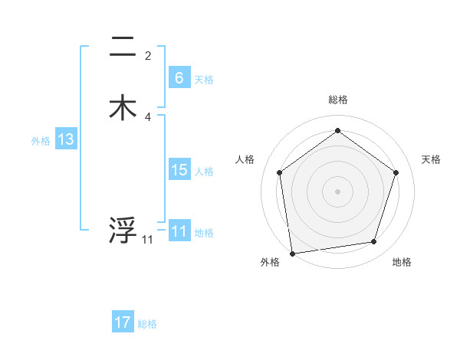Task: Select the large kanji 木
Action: tap(123, 108)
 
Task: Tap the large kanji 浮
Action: tap(123, 230)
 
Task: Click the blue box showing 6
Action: tap(179, 77)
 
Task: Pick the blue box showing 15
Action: tap(179, 170)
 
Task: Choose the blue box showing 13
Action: tap(66, 139)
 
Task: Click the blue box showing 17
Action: tap(122, 322)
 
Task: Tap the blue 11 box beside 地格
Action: tap(179, 231)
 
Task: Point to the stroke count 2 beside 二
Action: tap(148, 56)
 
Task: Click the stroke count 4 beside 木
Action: tap(148, 117)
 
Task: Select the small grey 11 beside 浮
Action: tap(147, 240)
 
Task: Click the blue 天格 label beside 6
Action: tap(204, 79)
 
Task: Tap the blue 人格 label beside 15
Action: tap(204, 172)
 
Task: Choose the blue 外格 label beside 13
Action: tap(41, 141)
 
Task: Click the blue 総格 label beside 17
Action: tap(147, 324)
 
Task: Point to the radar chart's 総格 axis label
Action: tap(337, 100)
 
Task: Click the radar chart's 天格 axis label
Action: tap(431, 159)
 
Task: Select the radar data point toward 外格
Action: tap(292, 252)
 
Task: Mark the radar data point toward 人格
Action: tap(279, 172)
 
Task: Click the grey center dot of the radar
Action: tap(337, 191)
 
